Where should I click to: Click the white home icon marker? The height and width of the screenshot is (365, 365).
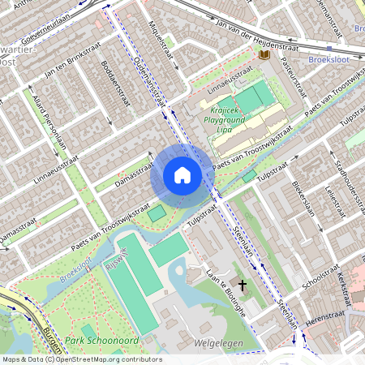pos(182,174)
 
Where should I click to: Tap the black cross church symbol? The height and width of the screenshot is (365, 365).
pos(242,286)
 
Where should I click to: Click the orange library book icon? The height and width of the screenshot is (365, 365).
pos(264,55)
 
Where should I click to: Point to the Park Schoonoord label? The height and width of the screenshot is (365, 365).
pos(103,340)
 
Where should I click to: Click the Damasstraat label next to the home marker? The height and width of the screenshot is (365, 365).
pos(134,173)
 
